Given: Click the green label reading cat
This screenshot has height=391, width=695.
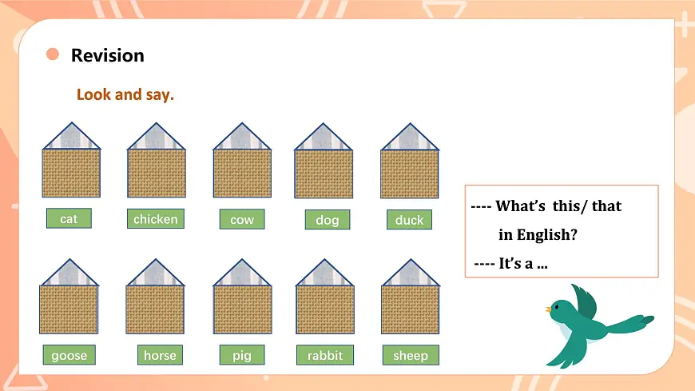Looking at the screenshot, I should (69, 218).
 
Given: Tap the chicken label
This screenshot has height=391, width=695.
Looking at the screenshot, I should (156, 218).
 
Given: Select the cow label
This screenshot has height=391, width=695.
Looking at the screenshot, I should (242, 219).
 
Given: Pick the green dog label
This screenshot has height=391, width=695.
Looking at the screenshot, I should (327, 220).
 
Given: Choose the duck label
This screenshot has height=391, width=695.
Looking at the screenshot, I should (410, 220).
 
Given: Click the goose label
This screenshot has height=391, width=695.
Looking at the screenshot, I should (69, 355).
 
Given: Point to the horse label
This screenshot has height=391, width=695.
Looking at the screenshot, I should (160, 355).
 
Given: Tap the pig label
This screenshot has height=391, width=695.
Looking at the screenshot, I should (242, 355).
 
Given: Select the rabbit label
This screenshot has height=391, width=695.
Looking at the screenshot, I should (324, 355).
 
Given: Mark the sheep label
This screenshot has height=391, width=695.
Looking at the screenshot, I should (411, 355).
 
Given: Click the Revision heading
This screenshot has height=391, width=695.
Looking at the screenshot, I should (107, 55).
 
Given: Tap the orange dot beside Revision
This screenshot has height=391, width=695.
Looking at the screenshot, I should (53, 54).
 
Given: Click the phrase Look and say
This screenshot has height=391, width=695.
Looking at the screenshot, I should (125, 94).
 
